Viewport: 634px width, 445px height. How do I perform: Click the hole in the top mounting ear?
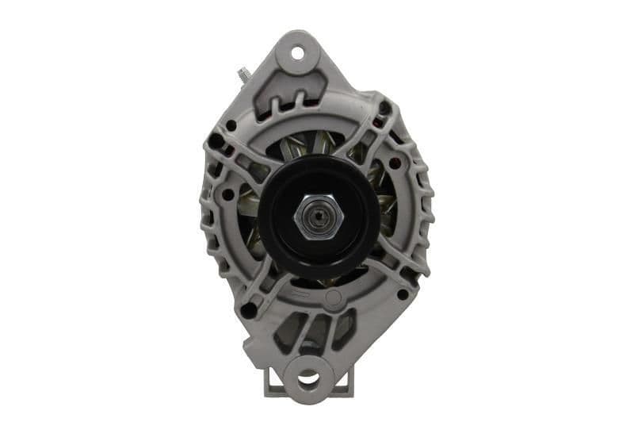click(x=298, y=54)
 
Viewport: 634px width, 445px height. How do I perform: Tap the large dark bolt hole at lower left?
click(x=248, y=310)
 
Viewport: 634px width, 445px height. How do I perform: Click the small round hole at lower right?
click(x=402, y=294)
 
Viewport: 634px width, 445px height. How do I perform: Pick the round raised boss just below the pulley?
click(x=334, y=298)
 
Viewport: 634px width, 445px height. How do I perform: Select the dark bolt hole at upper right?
click(x=385, y=109)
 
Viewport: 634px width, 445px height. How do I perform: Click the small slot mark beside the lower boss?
click(x=302, y=294)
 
